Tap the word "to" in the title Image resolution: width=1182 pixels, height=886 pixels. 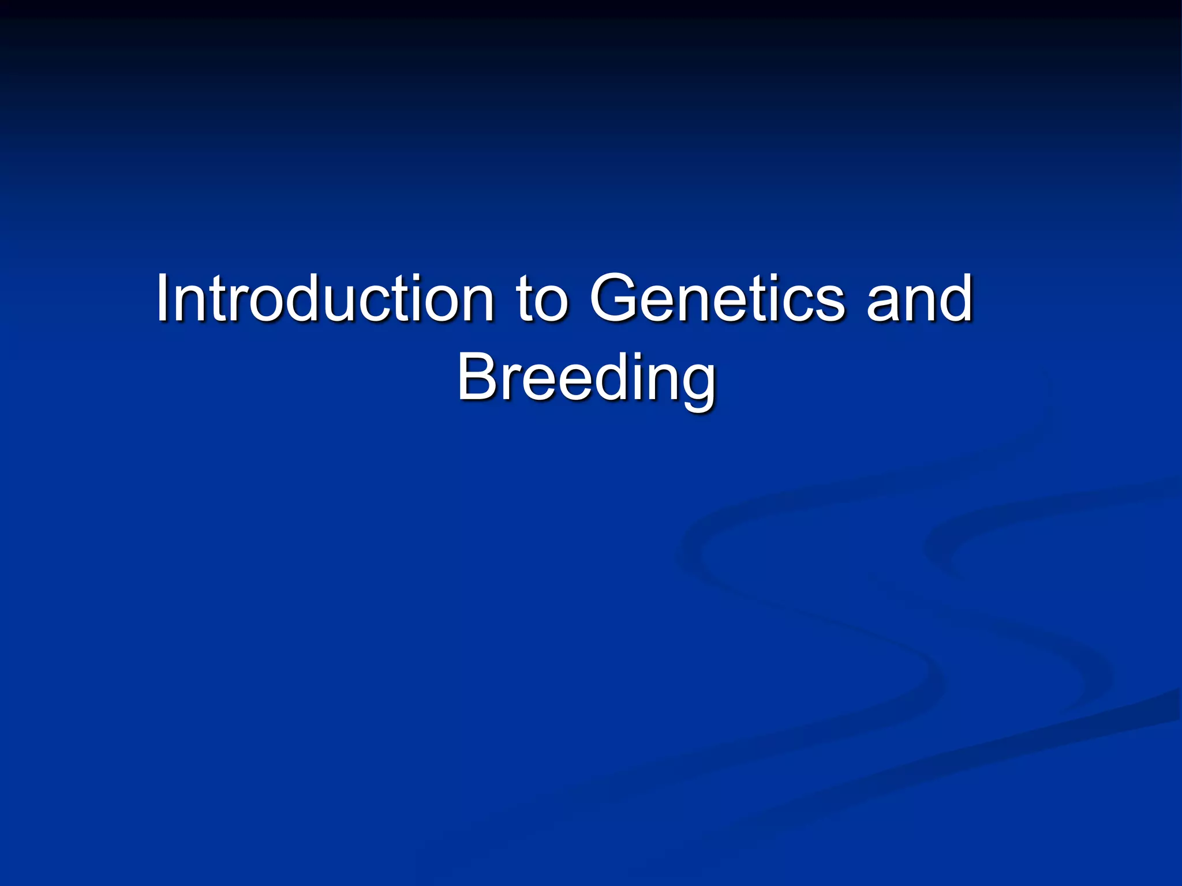(x=541, y=300)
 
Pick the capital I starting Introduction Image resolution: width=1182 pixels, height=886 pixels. (x=163, y=299)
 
